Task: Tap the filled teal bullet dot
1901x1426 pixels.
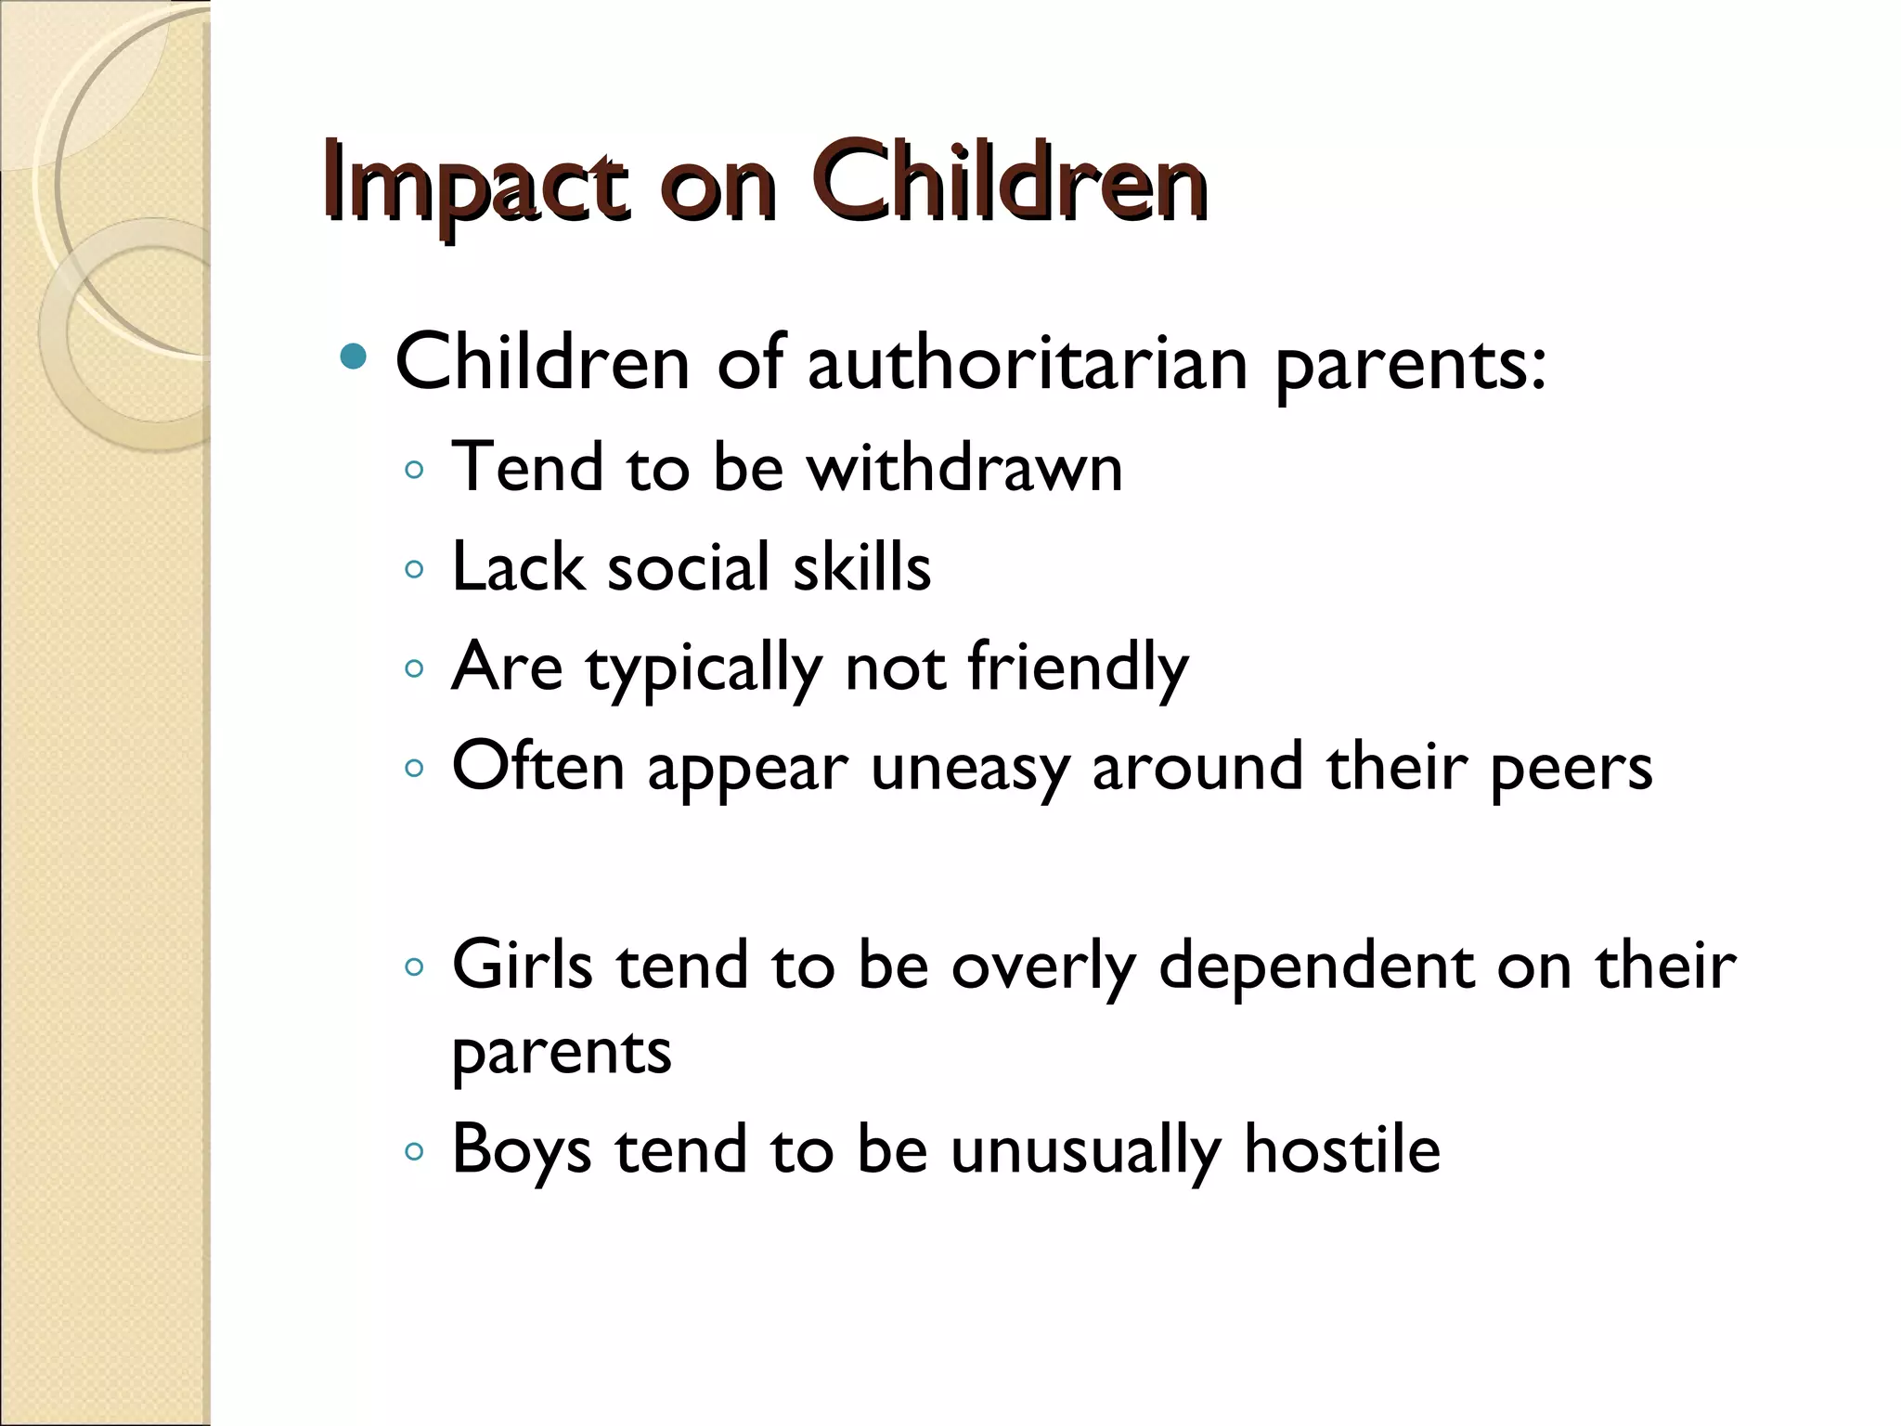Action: (x=354, y=356)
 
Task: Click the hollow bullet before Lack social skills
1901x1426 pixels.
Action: (x=415, y=568)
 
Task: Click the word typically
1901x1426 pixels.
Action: (x=704, y=668)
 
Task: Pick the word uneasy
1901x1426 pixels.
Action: (x=969, y=769)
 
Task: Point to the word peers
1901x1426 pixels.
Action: (x=1571, y=769)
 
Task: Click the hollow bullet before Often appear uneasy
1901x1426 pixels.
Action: (x=415, y=768)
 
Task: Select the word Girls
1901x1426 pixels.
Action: (x=522, y=965)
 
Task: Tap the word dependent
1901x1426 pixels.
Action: (x=1315, y=965)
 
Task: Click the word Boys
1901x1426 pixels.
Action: (x=522, y=1150)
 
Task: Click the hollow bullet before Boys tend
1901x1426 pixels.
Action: (x=415, y=1152)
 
